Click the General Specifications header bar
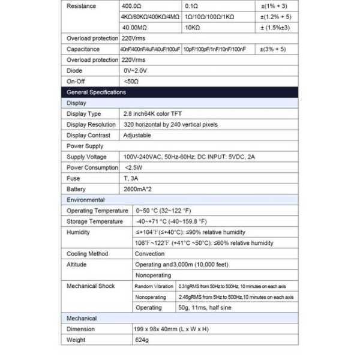pos(180,92)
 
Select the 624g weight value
pos(142,340)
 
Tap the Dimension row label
pos(80,329)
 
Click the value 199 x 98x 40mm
pos(171,329)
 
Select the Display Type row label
pos(84,113)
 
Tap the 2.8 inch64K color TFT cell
pos(154,113)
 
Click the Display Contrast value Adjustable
pos(137,135)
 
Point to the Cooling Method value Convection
pos(149,254)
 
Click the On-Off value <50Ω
pos(131,81)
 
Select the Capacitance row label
pos(83,49)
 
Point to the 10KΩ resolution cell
pos(193,28)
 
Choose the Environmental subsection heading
pos(86,200)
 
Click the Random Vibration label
pos(154,286)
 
